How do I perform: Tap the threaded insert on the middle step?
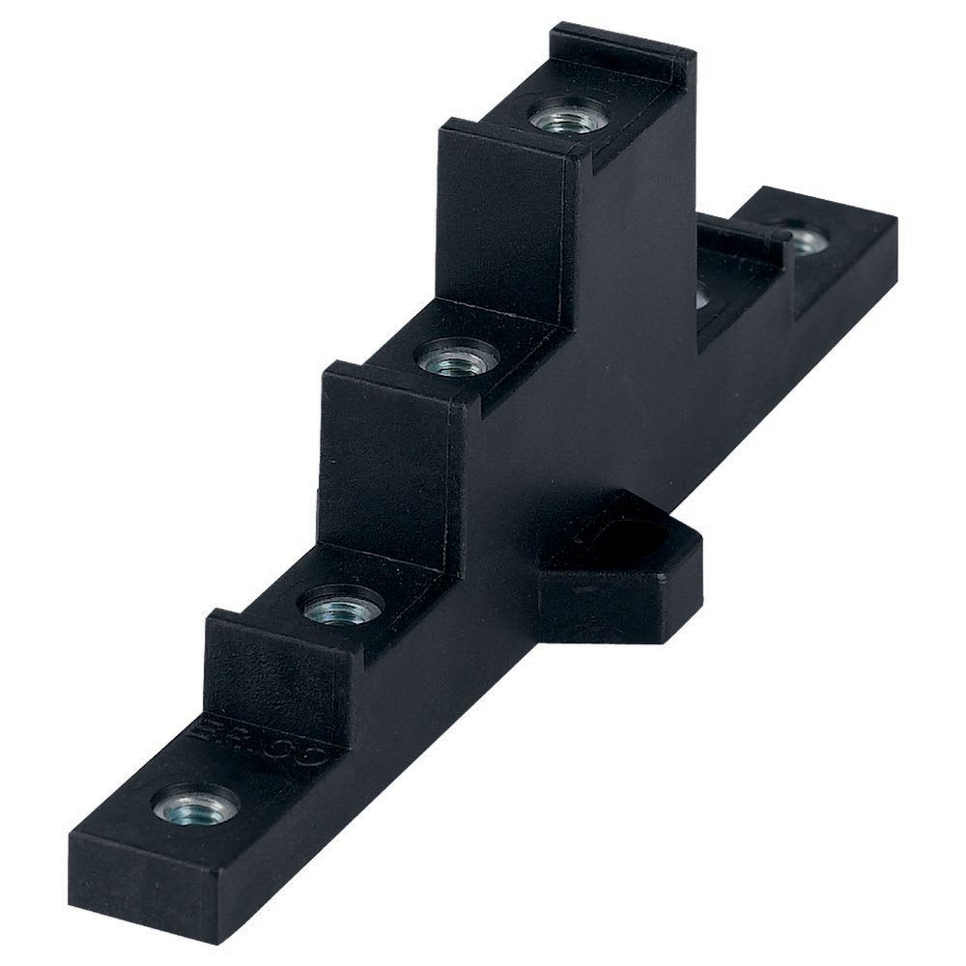pyautogui.click(x=457, y=359)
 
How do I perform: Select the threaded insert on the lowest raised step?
pyautogui.click(x=344, y=606)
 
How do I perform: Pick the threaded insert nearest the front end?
pyautogui.click(x=197, y=802)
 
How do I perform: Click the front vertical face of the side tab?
pyautogui.click(x=599, y=609)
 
